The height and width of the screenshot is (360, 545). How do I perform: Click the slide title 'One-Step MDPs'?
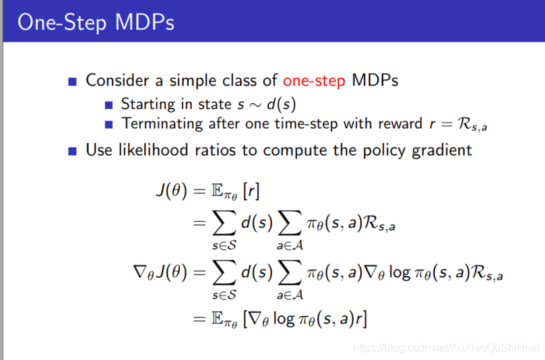pos(96,23)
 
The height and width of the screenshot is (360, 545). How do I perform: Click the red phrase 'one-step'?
pos(314,81)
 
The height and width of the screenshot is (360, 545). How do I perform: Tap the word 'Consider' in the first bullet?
pos(117,80)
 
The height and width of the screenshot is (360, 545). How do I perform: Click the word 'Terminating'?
pos(162,123)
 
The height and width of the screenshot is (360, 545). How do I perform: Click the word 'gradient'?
pos(442,150)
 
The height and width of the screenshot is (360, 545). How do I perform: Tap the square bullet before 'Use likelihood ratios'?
pos(72,151)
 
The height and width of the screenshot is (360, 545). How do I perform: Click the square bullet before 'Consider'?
pos(72,82)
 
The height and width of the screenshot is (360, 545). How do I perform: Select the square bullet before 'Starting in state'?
pos(108,105)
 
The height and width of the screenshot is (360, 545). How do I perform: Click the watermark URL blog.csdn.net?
pos(445,347)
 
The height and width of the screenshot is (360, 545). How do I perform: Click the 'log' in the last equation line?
pos(283,318)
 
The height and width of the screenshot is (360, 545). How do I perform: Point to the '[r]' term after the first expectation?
pos(251,191)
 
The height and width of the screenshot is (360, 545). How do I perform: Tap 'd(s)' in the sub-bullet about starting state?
pos(281,104)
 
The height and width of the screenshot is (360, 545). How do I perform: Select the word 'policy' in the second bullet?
pos(384,150)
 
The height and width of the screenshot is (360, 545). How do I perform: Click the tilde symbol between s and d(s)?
pos(255,105)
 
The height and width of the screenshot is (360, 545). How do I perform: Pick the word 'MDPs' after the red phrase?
pos(375,80)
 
